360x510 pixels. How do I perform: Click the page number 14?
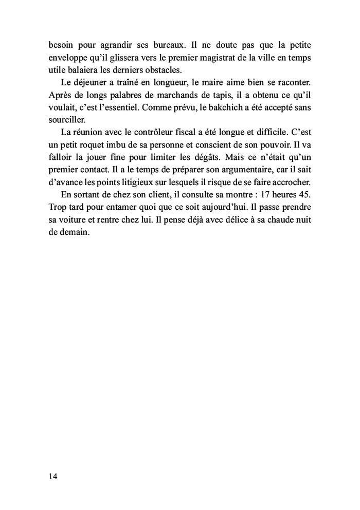pyautogui.click(x=53, y=476)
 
